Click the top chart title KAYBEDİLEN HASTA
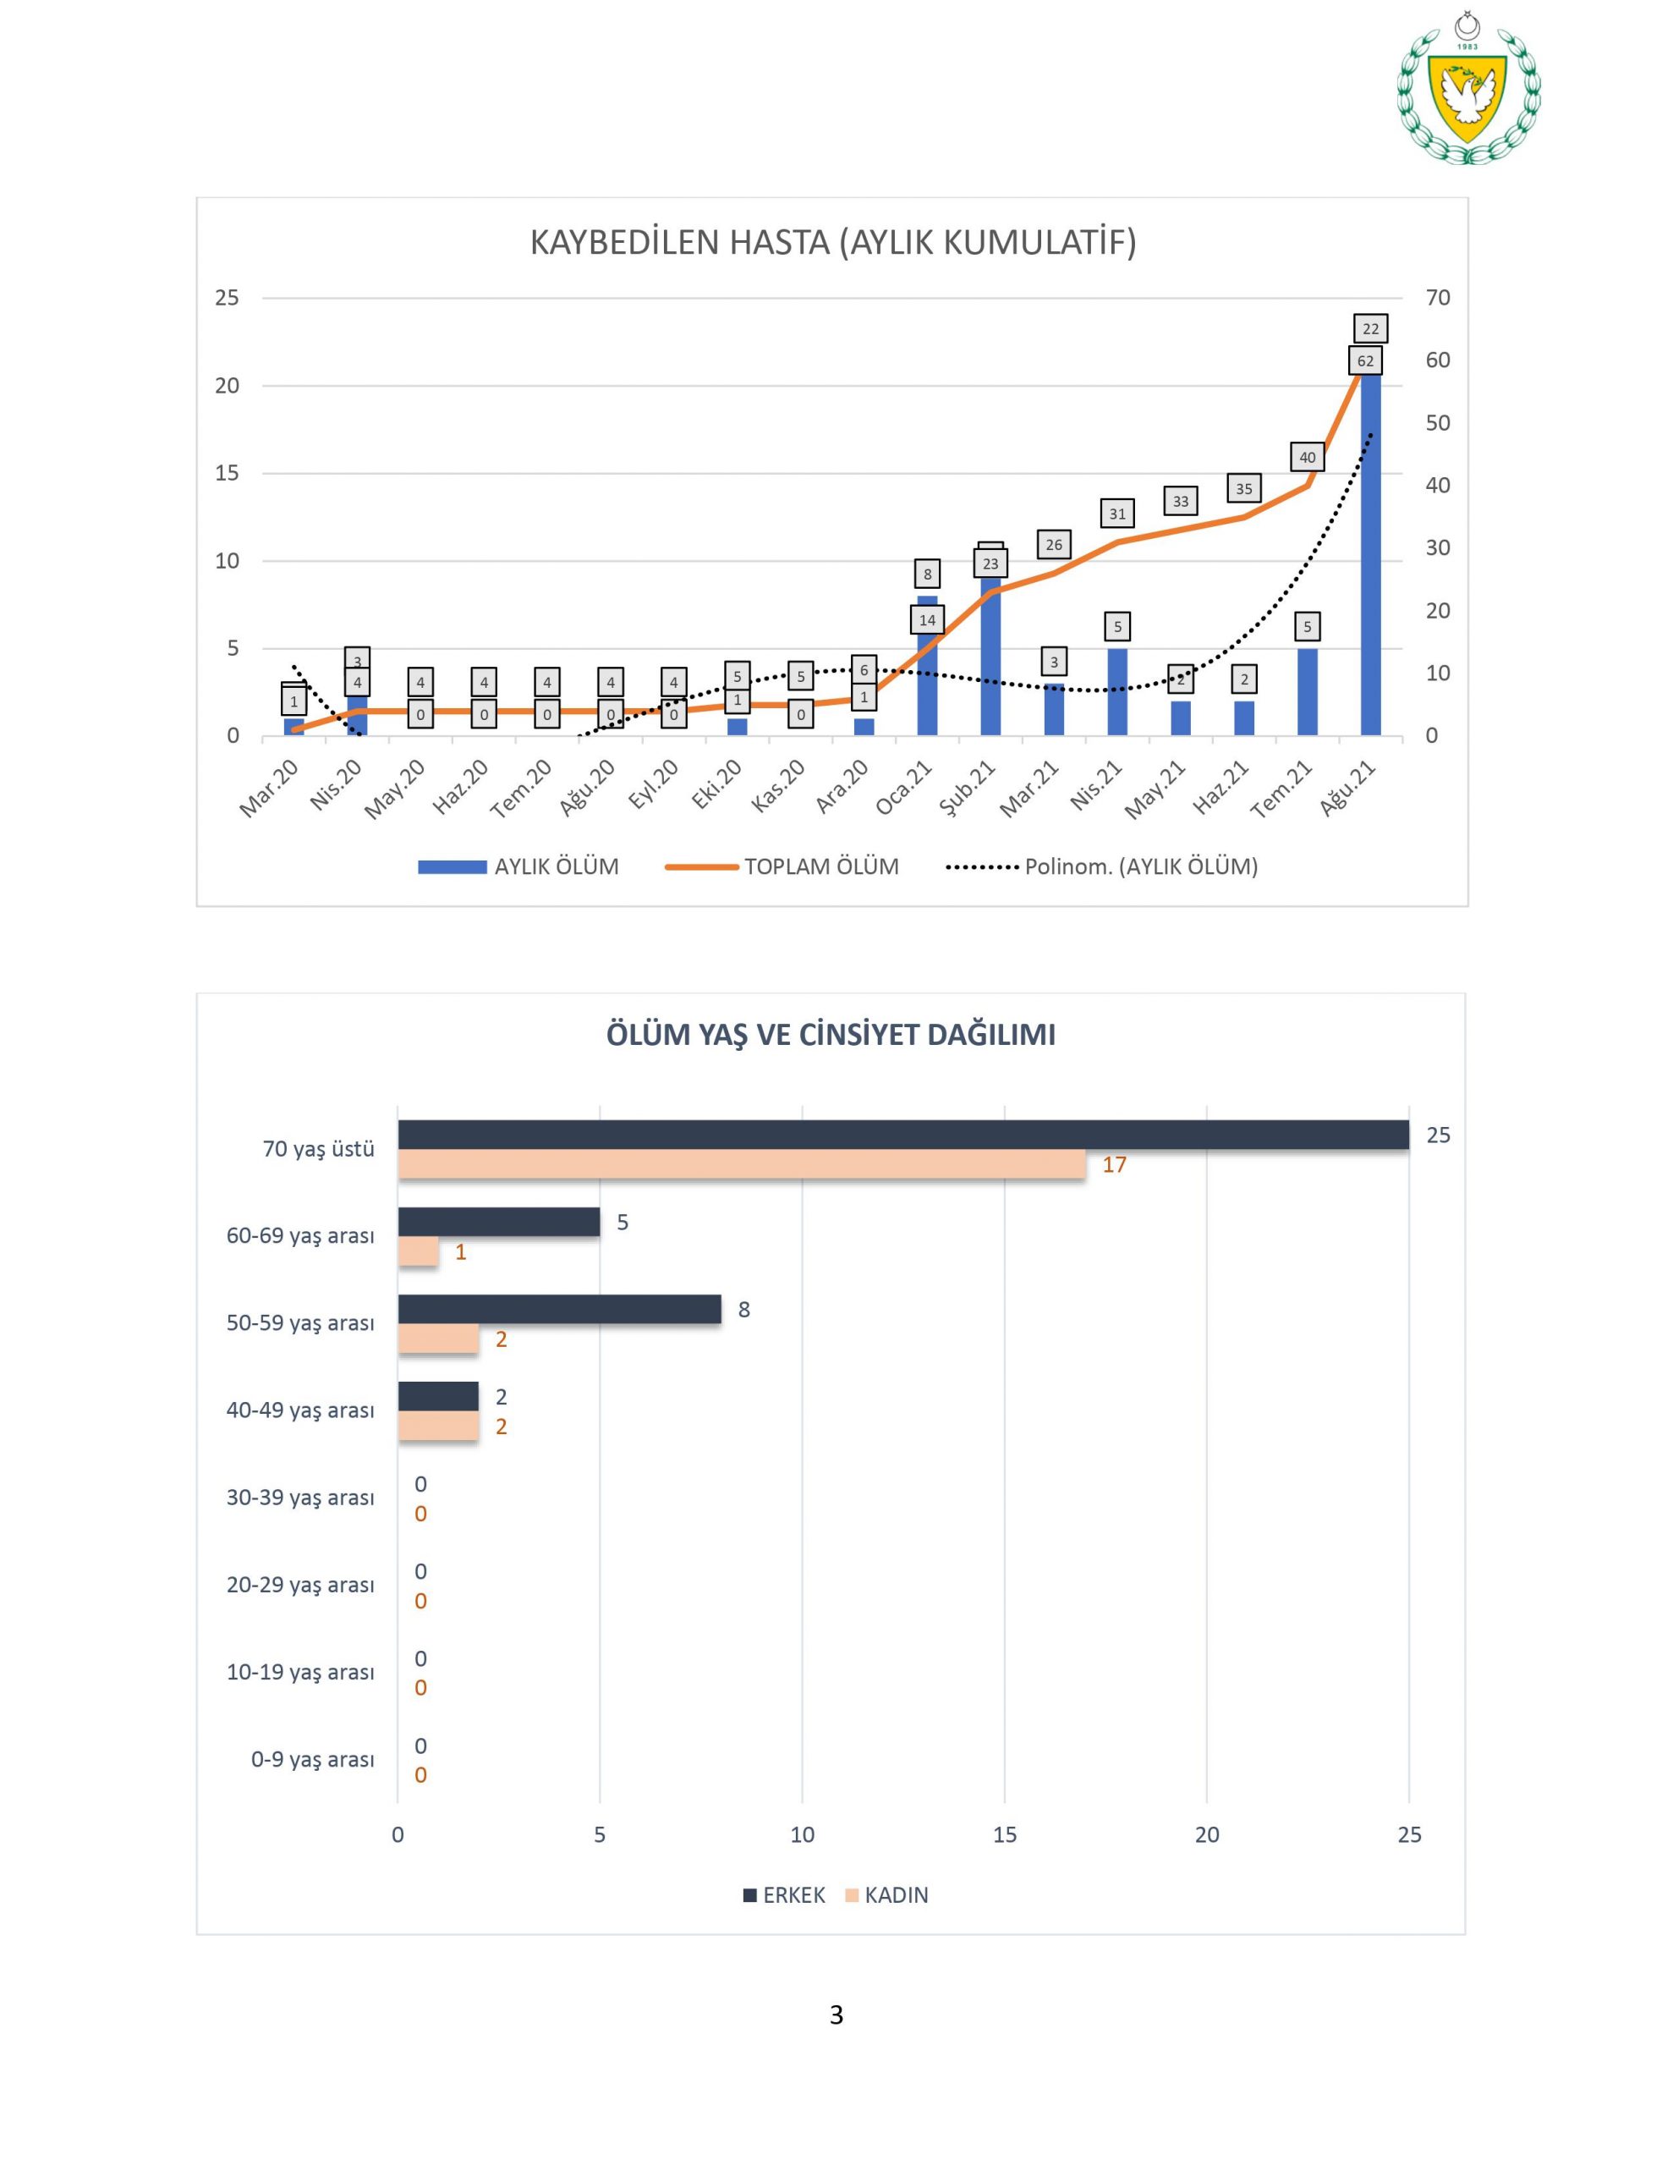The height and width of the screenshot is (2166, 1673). pyautogui.click(x=832, y=243)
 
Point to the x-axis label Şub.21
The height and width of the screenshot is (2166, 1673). pyautogui.click(x=967, y=789)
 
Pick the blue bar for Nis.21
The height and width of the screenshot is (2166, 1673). pyautogui.click(x=1116, y=691)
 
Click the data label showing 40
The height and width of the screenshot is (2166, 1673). pyautogui.click(x=1307, y=457)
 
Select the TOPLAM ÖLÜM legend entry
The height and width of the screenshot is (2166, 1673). pyautogui.click(x=783, y=866)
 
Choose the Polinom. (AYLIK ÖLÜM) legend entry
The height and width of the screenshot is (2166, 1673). pyautogui.click(x=1102, y=866)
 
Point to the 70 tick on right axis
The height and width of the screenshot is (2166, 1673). pyautogui.click(x=1437, y=298)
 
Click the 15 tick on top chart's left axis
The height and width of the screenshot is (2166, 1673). pyautogui.click(x=228, y=473)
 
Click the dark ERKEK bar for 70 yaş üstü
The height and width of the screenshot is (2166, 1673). pyautogui.click(x=902, y=1135)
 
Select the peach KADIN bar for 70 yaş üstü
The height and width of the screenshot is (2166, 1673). pyautogui.click(x=741, y=1164)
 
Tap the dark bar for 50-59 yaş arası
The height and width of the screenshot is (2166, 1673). pyautogui.click(x=559, y=1309)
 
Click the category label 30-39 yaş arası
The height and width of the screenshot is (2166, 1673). pyautogui.click(x=299, y=1498)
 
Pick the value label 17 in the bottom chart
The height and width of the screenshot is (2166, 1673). pyautogui.click(x=1114, y=1165)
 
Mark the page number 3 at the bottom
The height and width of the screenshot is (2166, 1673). pyautogui.click(x=836, y=2015)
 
